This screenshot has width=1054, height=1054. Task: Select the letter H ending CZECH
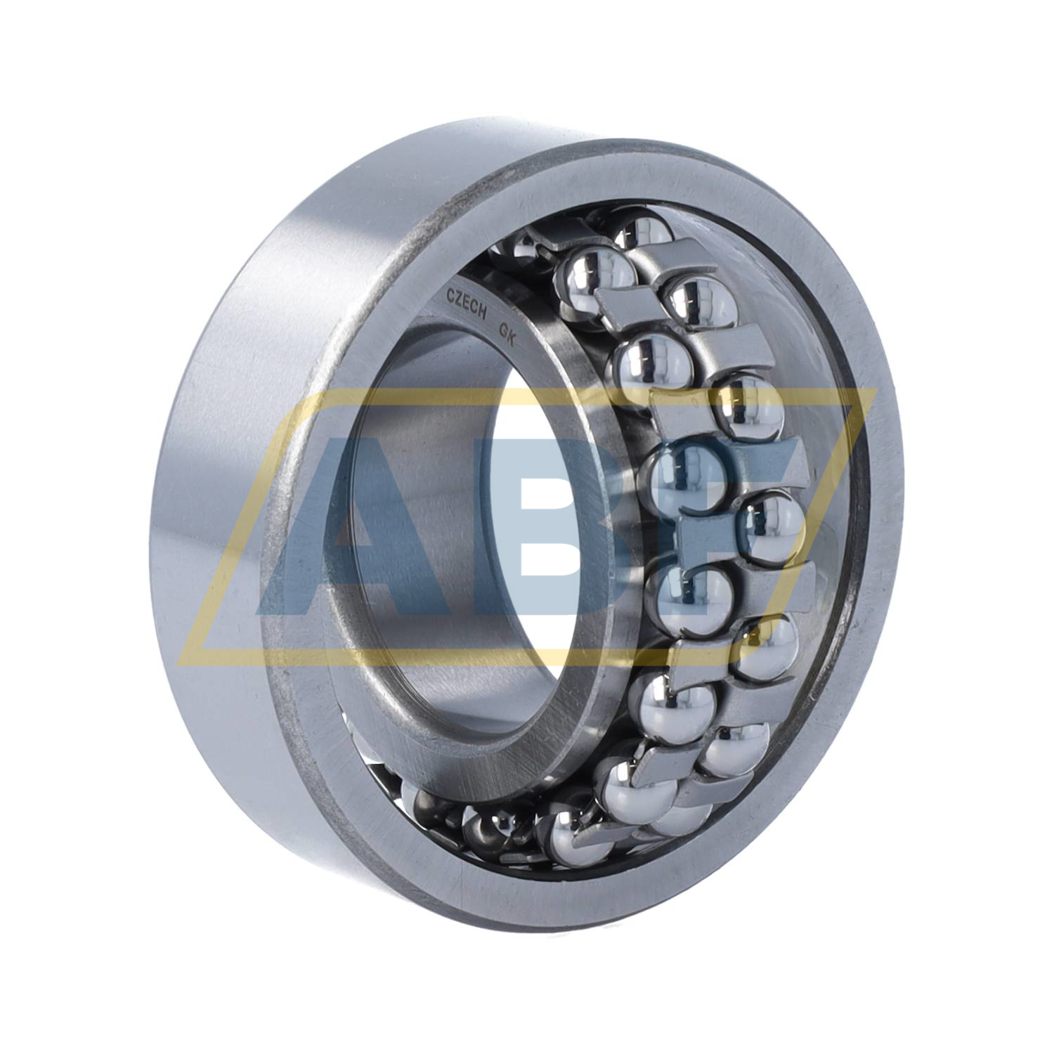coord(483,316)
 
